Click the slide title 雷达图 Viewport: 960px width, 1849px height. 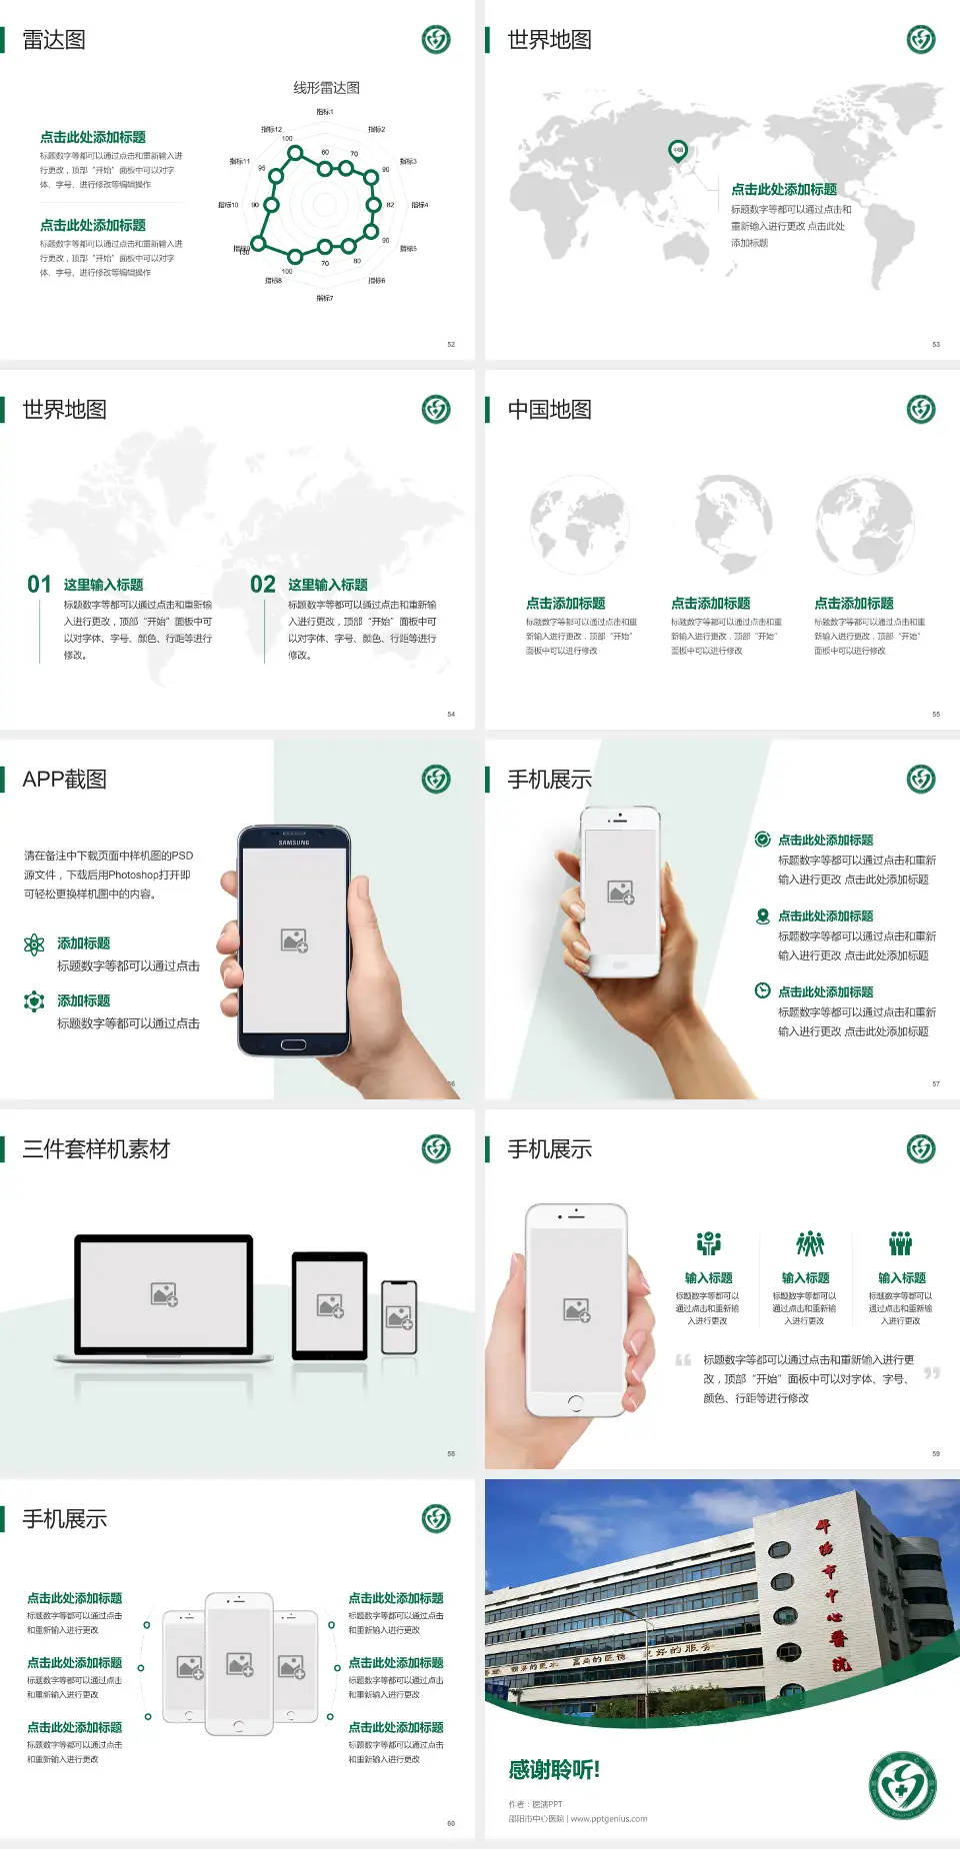click(x=54, y=40)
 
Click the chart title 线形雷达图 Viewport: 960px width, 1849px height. click(x=326, y=88)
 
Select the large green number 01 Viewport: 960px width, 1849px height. click(x=39, y=585)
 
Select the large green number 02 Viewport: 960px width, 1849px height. click(x=263, y=585)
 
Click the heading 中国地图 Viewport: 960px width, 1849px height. click(x=549, y=410)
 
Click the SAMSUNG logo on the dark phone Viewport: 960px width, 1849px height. click(x=294, y=843)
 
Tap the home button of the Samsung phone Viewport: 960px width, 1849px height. click(x=293, y=1044)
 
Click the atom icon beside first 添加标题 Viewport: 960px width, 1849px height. click(x=34, y=944)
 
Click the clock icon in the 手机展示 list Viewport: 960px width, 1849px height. click(x=762, y=990)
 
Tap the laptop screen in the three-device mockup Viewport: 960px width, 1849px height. click(x=164, y=1294)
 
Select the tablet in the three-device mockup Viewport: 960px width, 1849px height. click(x=330, y=1305)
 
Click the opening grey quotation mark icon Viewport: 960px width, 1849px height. click(x=683, y=1359)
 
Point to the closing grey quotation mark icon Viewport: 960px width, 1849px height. click(x=932, y=1373)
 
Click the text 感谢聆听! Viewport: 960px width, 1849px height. click(x=554, y=1770)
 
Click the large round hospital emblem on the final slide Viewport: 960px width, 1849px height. click(x=902, y=1785)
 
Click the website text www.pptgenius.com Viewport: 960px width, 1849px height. click(x=609, y=1819)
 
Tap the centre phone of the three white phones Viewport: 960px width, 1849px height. click(x=239, y=1664)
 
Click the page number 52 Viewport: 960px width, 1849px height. click(x=451, y=344)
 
